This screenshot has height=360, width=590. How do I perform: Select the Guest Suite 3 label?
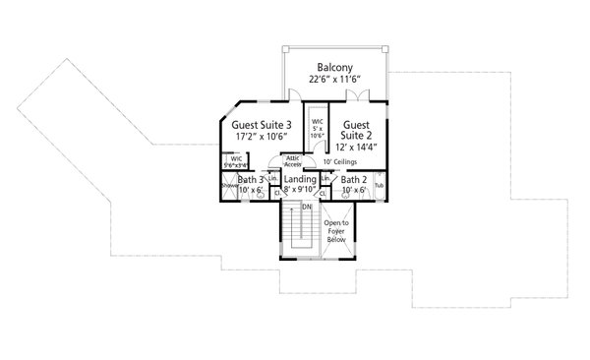262,126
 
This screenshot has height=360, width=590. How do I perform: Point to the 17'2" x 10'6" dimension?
262,140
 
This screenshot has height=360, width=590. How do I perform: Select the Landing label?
300,180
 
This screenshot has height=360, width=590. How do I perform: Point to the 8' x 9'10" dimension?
300,192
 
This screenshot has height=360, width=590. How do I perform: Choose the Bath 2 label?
353,180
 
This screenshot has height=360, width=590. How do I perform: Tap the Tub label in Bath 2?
380,186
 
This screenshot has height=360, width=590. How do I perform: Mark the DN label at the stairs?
307,208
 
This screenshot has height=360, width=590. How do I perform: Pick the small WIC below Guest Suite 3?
236,161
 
